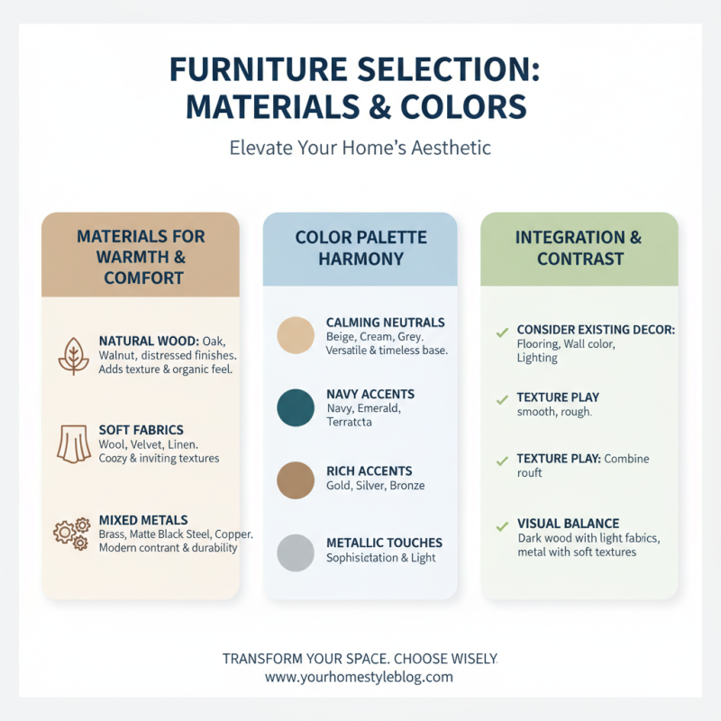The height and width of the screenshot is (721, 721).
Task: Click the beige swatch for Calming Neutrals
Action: (296, 335)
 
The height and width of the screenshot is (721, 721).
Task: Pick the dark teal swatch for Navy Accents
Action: (296, 407)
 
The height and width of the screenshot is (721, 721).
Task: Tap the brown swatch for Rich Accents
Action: (296, 479)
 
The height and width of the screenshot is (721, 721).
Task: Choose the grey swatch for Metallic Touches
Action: (296, 552)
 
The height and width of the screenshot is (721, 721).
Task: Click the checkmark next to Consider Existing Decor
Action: (502, 333)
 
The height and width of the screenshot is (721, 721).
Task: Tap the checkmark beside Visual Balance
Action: (502, 525)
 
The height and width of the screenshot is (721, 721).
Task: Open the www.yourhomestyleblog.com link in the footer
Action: (359, 677)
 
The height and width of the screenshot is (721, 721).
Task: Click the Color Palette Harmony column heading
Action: (360, 248)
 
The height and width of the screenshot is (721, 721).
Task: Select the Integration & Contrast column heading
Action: (580, 248)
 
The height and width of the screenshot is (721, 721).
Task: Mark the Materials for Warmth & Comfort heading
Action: (141, 257)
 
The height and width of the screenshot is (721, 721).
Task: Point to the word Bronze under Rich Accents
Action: (405, 486)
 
